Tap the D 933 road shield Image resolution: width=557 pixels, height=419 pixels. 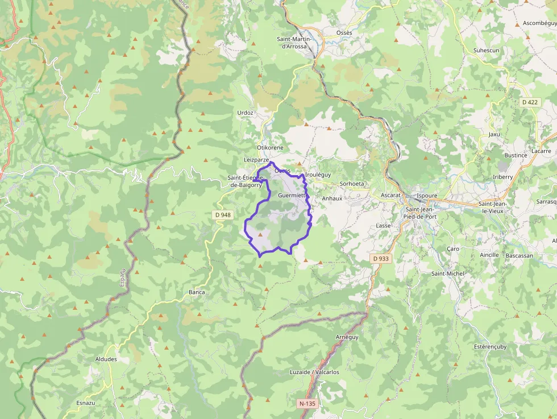(x=381, y=258)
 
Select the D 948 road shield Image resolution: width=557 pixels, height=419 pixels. (x=223, y=215)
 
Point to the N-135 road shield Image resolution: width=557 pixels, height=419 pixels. (x=307, y=404)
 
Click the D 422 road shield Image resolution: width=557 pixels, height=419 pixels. (x=529, y=102)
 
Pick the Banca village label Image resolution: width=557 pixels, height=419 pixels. (x=197, y=292)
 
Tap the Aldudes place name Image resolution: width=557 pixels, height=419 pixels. (x=106, y=359)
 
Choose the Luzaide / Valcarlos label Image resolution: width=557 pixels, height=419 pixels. (x=314, y=372)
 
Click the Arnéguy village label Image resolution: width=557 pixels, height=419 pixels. (x=347, y=337)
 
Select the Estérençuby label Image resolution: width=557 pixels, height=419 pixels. (x=490, y=346)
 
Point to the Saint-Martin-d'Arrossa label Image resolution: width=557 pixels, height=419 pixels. (x=293, y=42)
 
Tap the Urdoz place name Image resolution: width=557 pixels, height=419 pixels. (x=245, y=113)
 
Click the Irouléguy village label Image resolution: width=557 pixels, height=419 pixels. (x=318, y=175)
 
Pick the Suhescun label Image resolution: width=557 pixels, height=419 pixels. (x=486, y=51)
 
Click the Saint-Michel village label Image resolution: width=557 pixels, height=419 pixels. (x=447, y=273)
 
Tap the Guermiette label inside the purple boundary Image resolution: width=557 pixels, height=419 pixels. (x=292, y=195)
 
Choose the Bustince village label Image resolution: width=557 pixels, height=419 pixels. (x=516, y=155)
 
